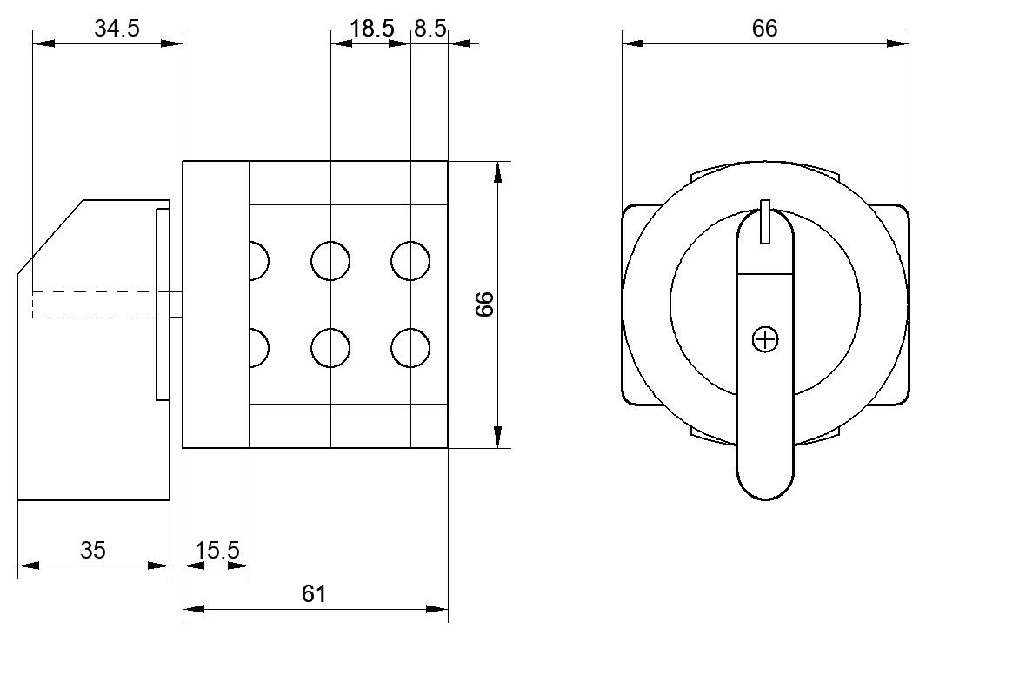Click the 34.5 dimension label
point(117,28)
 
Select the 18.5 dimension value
point(372,28)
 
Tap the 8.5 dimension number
point(430,28)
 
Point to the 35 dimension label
point(93,549)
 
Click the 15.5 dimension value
point(217,549)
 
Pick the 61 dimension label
point(313,593)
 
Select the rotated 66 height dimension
point(484,304)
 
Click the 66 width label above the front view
point(764,28)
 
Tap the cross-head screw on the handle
point(765,340)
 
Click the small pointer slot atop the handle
point(765,222)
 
